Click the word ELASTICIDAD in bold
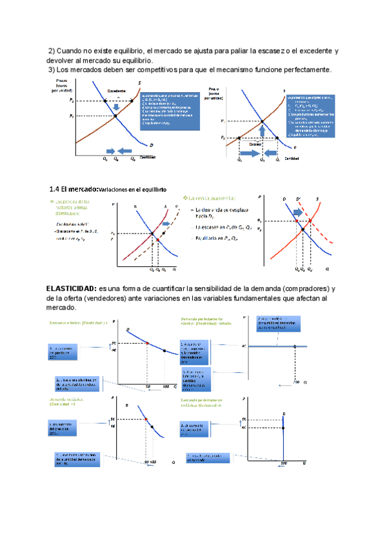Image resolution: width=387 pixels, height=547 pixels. click(71, 288)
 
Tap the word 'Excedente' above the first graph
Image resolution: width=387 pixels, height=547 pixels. click(117, 90)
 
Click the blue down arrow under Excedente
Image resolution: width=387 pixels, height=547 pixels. click(116, 106)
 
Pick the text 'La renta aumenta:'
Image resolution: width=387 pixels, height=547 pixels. click(211, 197)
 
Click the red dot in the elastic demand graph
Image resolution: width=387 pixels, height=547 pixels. click(147, 343)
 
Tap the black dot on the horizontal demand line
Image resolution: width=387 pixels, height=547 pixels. click(295, 346)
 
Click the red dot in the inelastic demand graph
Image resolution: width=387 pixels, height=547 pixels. click(147, 420)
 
